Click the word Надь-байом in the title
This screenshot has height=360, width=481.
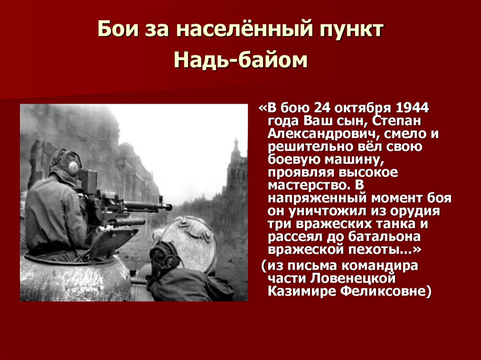[240, 60]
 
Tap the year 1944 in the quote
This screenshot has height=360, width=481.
[412, 107]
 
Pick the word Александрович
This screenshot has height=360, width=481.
[325, 134]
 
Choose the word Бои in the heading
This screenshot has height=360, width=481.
[115, 30]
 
